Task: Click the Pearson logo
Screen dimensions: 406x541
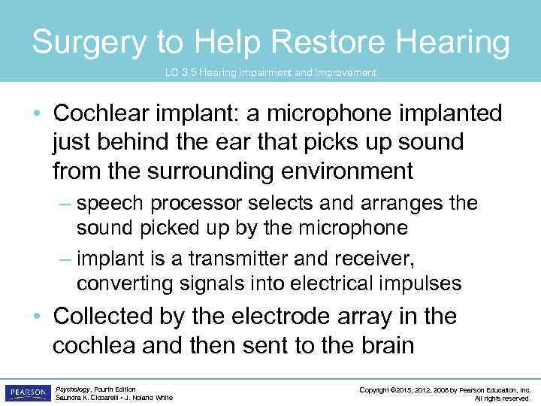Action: click(27, 392)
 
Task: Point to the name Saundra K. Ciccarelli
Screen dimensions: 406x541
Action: click(84, 398)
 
